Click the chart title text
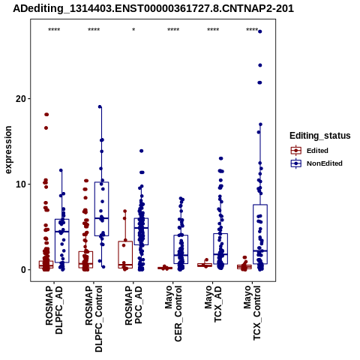(x=153, y=9)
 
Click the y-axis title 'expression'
(x=8, y=150)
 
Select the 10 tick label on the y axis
(x=21, y=184)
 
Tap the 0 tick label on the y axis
(x=24, y=270)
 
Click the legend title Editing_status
(x=320, y=136)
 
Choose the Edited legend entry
(x=317, y=151)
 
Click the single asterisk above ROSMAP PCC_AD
(x=133, y=30)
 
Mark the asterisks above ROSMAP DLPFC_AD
(x=54, y=30)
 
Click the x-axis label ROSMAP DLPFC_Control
(x=94, y=319)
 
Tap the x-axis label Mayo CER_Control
(x=173, y=313)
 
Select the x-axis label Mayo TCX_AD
(x=213, y=304)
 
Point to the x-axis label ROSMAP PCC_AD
(x=133, y=305)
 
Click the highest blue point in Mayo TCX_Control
(x=260, y=31)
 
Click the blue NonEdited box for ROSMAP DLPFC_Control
(x=101, y=208)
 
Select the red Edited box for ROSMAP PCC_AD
(x=125, y=255)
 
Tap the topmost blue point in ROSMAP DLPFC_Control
(x=100, y=106)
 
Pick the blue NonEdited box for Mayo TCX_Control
(x=260, y=234)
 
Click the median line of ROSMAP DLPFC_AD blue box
(x=62, y=232)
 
